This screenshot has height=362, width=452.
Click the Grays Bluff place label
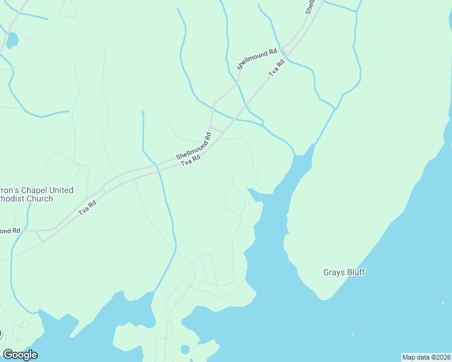pyautogui.click(x=344, y=272)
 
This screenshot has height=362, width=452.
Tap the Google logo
pyautogui.click(x=20, y=355)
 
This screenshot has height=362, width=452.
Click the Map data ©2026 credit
pyautogui.click(x=426, y=357)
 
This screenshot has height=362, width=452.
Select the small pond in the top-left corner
pyautogui.click(x=11, y=40)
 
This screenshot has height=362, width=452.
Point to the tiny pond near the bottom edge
pyautogui.click(x=185, y=350)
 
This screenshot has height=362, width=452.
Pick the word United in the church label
pyautogui.click(x=61, y=190)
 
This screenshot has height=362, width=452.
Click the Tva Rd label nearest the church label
pyautogui.click(x=88, y=209)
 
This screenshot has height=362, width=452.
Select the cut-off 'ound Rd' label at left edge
pyautogui.click(x=10, y=231)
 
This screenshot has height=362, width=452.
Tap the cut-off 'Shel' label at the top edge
pyautogui.click(x=310, y=7)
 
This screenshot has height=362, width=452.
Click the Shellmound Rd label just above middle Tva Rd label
pyautogui.click(x=193, y=146)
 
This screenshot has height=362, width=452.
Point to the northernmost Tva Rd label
pyautogui.click(x=276, y=68)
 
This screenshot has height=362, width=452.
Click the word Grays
pyautogui.click(x=334, y=272)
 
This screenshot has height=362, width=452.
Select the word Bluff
pyautogui.click(x=356, y=272)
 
